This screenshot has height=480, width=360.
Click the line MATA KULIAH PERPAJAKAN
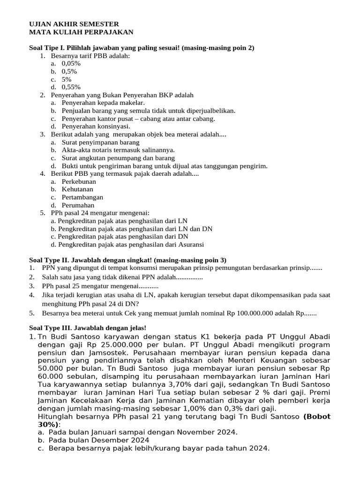[81, 32]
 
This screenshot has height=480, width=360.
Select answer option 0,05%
[71, 63]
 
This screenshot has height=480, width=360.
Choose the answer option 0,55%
[71, 87]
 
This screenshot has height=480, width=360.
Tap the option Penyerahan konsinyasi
[96, 126]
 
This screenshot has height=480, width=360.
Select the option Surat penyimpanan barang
[100, 142]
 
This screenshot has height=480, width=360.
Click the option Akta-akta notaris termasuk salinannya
[118, 150]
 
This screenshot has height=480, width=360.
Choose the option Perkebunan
[79, 181]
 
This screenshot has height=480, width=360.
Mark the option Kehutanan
[77, 189]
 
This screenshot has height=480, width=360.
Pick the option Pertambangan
[82, 197]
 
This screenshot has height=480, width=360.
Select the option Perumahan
[78, 205]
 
